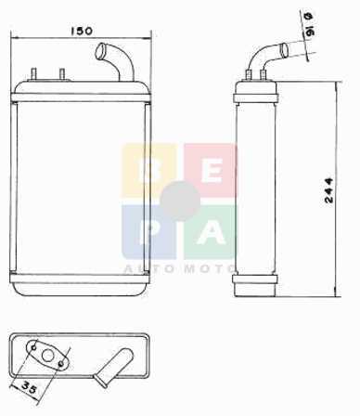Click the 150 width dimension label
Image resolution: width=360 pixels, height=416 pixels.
tap(82, 31)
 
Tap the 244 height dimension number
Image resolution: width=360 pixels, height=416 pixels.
tap(328, 190)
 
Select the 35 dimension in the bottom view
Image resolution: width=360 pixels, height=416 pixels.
tap(30, 387)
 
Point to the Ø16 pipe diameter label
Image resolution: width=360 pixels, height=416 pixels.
tap(310, 24)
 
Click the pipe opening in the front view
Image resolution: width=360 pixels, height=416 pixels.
tap(100, 52)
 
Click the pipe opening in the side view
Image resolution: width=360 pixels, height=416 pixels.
tap(284, 50)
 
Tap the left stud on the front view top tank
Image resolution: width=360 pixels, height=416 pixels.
tap(33, 74)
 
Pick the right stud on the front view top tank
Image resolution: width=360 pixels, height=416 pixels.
tap(62, 74)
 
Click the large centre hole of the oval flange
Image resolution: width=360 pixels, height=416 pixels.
tap(47, 356)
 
